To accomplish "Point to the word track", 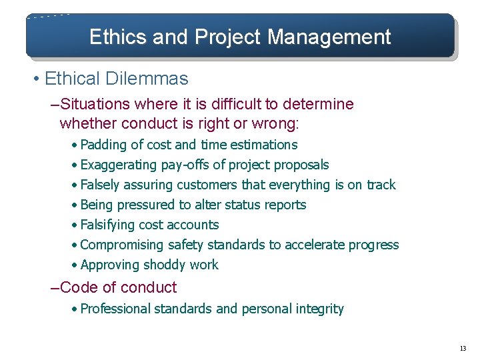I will click(381, 185).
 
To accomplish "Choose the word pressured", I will click(142, 205).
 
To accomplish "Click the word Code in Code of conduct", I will click(75, 288).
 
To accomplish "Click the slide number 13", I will click(463, 349).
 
